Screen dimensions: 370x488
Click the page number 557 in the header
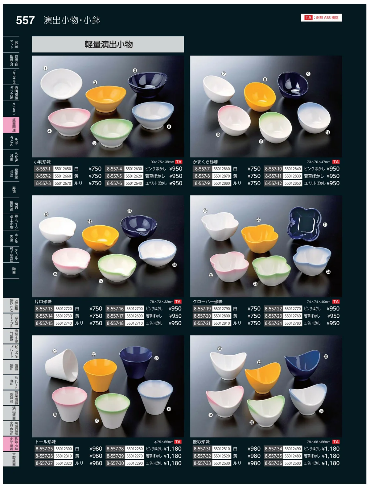25,20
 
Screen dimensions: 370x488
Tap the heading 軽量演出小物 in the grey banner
109,44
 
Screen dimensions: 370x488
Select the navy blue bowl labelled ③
147,84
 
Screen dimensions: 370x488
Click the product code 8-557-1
43,169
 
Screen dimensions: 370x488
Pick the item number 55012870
222,176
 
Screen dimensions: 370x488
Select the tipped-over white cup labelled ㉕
62,365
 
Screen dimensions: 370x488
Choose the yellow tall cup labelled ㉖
100,375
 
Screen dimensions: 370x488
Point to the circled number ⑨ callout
308,74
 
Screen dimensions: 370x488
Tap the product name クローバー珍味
208,302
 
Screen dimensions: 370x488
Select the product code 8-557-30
115,463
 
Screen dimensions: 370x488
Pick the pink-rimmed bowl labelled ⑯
71,261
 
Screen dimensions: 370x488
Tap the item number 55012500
293,463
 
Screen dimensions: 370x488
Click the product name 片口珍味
43,302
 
